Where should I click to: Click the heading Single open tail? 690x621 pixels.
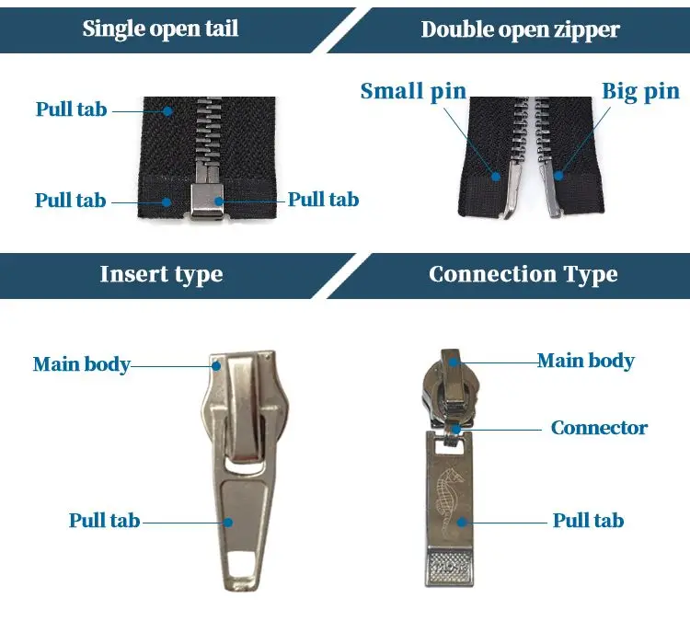coord(160,29)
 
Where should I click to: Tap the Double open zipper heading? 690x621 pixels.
coord(521,29)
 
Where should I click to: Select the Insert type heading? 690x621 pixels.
coord(161,274)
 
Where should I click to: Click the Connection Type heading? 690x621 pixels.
coord(523,274)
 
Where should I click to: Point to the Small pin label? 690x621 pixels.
coord(413,91)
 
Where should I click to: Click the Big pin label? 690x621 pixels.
coord(640,91)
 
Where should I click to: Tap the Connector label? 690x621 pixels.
coord(599,428)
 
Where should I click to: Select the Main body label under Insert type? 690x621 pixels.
coord(81,363)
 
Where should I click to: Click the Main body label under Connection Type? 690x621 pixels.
coord(586,360)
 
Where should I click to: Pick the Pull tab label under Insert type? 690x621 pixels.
coord(104,521)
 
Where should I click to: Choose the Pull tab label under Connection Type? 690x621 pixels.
coord(588,521)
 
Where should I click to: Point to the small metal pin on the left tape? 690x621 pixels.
coord(505,190)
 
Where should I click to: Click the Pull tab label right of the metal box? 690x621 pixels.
coord(323,200)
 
